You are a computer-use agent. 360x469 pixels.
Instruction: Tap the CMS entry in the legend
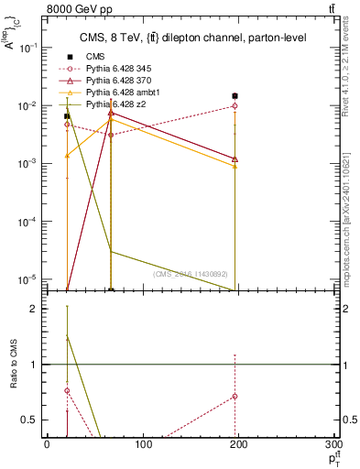[x=96, y=57]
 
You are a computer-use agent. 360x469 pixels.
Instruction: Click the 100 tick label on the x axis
[x=143, y=445]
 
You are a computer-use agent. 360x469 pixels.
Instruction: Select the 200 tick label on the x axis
[x=239, y=445]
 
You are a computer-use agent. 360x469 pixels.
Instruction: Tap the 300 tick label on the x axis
[x=335, y=445]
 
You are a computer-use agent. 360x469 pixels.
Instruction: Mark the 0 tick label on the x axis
[x=47, y=445]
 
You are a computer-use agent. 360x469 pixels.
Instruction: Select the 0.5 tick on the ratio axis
[x=32, y=420]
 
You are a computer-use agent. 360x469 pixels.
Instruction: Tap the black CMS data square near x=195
[x=235, y=95]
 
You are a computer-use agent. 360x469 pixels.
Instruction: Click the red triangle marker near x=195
[x=235, y=158]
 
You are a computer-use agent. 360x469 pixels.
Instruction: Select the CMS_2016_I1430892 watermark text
[x=192, y=275]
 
